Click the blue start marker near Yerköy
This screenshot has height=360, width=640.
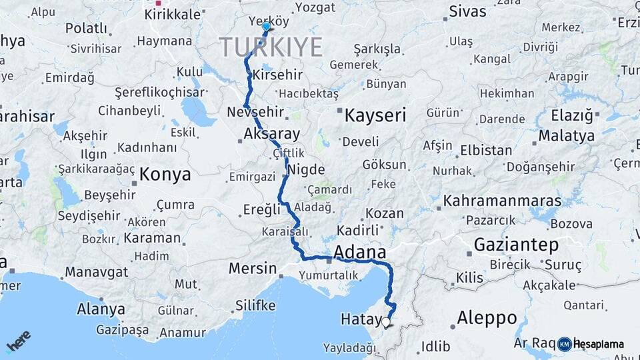tap(267, 27)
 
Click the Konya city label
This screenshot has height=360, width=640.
tap(165, 175)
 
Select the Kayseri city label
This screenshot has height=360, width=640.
tap(375, 115)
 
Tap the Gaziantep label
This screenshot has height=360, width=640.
tap(516, 245)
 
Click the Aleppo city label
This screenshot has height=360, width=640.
tap(488, 317)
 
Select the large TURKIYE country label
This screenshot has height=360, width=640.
tap(271, 47)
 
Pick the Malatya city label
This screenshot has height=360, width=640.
tap(566, 135)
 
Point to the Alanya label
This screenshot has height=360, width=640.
tap(101, 309)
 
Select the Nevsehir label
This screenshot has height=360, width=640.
tap(265, 112)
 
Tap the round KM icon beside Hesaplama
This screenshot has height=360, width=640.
tap(565, 344)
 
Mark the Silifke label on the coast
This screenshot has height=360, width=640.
tap(255, 305)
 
